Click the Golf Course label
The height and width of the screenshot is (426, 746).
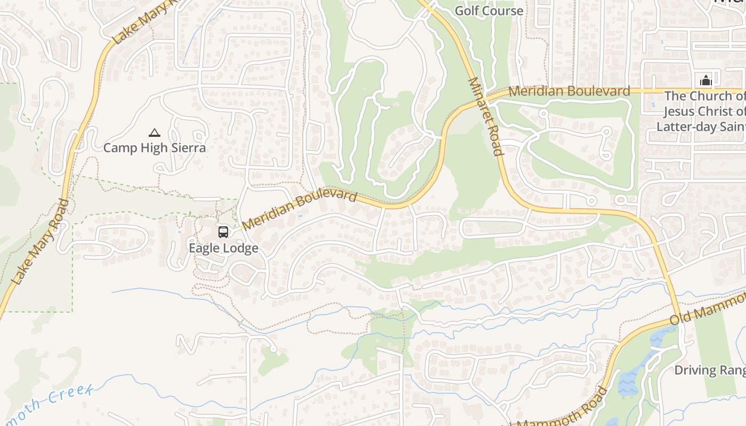tap(489, 11)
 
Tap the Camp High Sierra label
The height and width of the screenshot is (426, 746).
tap(155, 148)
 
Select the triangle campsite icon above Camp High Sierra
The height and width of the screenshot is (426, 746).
tap(155, 133)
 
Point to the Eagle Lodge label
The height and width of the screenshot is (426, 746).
tap(223, 248)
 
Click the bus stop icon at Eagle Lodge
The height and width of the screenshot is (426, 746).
tap(223, 232)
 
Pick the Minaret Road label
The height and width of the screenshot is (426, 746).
tap(485, 117)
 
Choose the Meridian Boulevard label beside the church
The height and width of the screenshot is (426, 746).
tap(569, 91)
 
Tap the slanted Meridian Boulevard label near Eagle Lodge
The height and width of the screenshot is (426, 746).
tap(299, 210)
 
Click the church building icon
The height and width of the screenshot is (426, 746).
tap(706, 81)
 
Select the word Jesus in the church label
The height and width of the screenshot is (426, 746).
tap(680, 111)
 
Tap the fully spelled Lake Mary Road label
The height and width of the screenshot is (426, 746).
tap(40, 242)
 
